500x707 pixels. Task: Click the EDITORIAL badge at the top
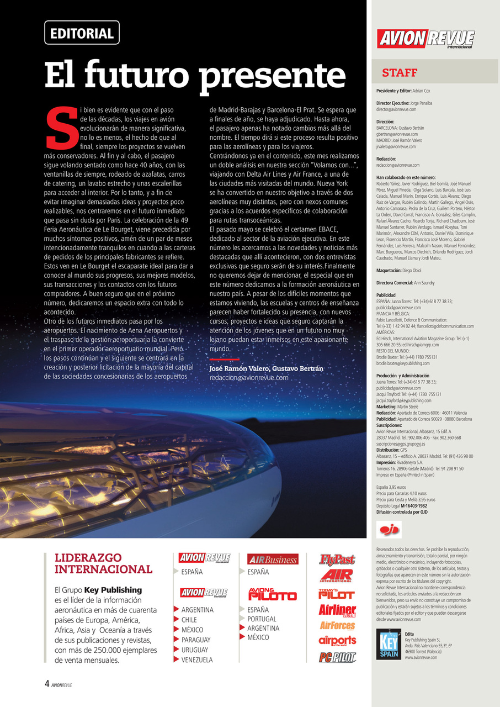point(82,33)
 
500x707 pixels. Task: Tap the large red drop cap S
point(60,128)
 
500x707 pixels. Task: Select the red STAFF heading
point(400,73)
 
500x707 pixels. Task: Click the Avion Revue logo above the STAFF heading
point(426,39)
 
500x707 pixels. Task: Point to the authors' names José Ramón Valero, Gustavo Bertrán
point(266,368)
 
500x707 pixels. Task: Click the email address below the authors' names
point(249,378)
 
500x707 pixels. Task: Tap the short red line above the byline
point(224,359)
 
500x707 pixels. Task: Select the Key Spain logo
point(389,646)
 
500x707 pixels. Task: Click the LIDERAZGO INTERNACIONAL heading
point(103,563)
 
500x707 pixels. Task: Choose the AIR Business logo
point(273,560)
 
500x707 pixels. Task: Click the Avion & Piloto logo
point(272,594)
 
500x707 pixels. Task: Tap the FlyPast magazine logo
point(337,560)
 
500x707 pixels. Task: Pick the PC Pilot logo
point(337,657)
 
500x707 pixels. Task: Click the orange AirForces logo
point(337,626)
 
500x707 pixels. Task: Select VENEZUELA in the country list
point(197,660)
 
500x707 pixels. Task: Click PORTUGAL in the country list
point(262,619)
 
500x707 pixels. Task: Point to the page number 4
point(47,683)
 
